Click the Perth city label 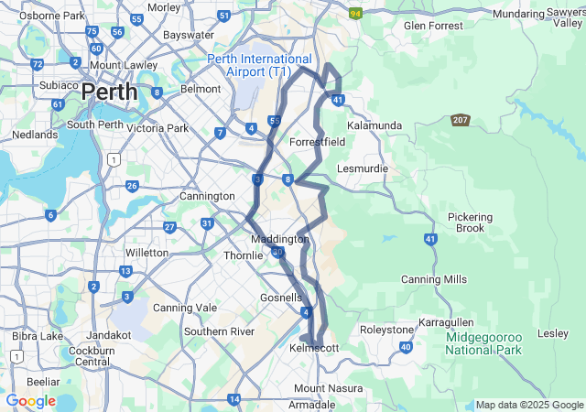click(x=109, y=92)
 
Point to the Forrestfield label click(x=317, y=142)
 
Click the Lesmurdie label click(x=363, y=168)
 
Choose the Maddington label click(x=279, y=238)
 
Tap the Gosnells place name click(x=281, y=298)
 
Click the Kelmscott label click(x=314, y=349)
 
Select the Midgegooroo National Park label click(x=483, y=343)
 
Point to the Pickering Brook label click(x=470, y=222)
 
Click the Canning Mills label click(x=434, y=279)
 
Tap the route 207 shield click(x=461, y=120)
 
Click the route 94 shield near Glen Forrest click(x=355, y=13)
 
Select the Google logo click(x=30, y=401)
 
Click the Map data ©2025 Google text click(x=529, y=405)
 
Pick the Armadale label click(x=312, y=404)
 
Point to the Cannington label click(x=207, y=196)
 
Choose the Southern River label click(x=218, y=331)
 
